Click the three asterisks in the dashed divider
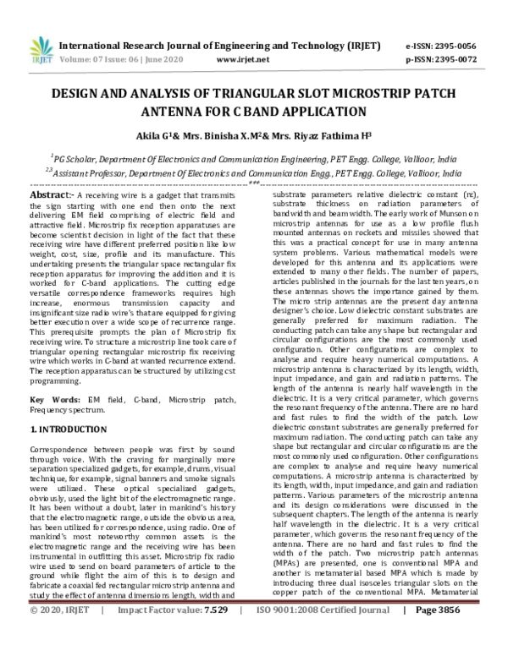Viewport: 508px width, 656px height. pyautogui.click(x=254, y=183)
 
